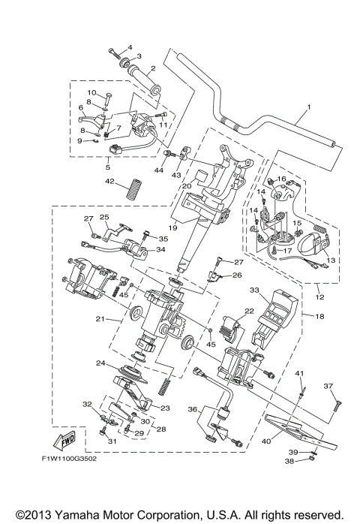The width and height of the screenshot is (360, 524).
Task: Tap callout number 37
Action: coord(328,386)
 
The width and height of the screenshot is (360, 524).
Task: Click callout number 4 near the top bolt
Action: coord(128,47)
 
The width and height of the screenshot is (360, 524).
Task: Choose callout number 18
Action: coord(319,318)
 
